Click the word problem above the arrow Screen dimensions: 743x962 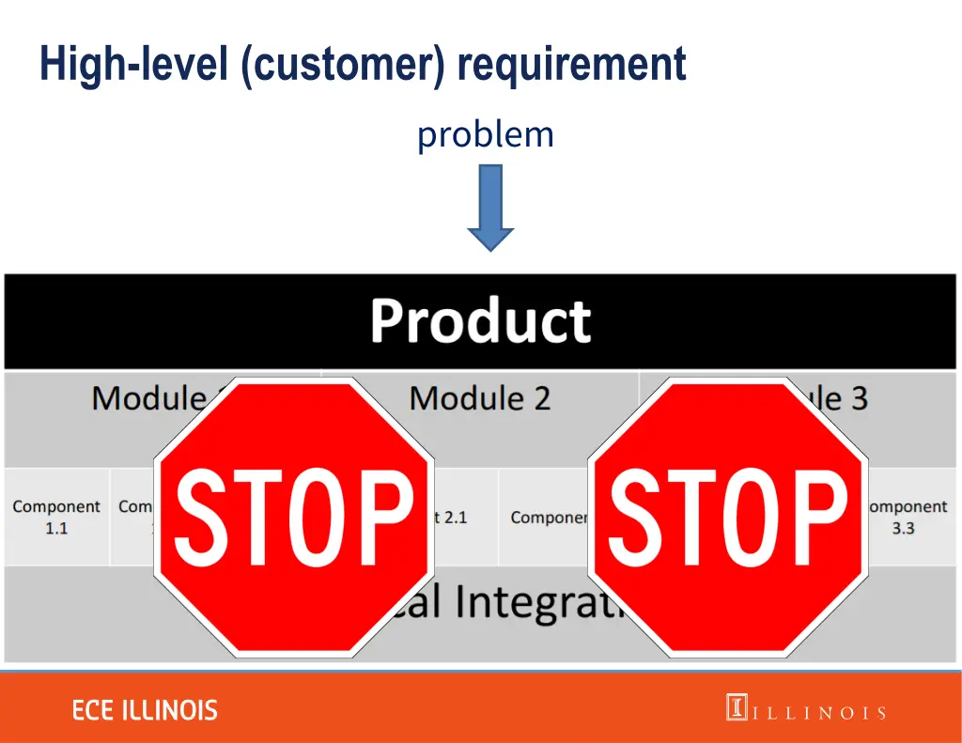pyautogui.click(x=486, y=135)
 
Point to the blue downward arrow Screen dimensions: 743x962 pyautogui.click(x=490, y=208)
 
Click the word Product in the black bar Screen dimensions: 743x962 pyautogui.click(x=480, y=321)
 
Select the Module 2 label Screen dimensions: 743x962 pyautogui.click(x=479, y=398)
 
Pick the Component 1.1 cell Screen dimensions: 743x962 pyautogui.click(x=56, y=518)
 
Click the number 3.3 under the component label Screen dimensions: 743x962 pyautogui.click(x=903, y=529)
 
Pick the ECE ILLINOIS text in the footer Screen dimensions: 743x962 pyautogui.click(x=145, y=710)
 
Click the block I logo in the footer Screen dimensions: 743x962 pyautogui.click(x=737, y=707)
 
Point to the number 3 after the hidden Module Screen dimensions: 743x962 pyautogui.click(x=859, y=398)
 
